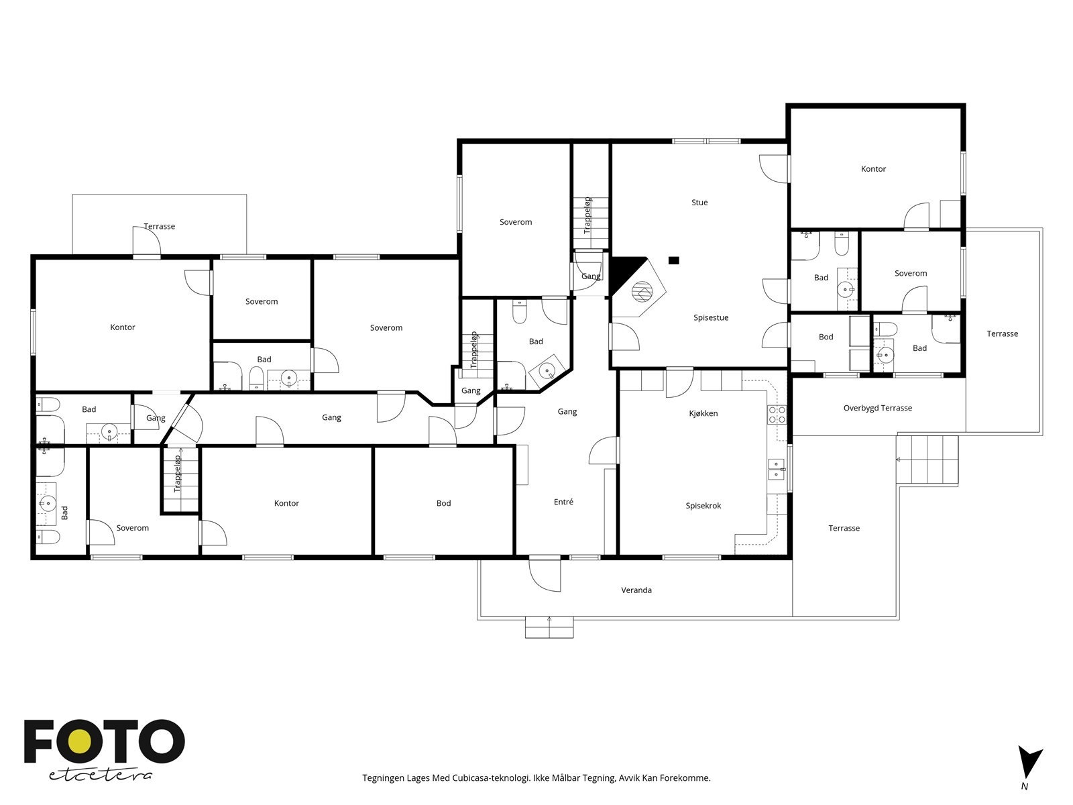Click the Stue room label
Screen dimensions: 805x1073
click(x=699, y=203)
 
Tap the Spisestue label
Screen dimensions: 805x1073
click(x=711, y=318)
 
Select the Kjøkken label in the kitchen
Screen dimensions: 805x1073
click(x=703, y=413)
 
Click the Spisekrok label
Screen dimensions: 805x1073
click(x=703, y=506)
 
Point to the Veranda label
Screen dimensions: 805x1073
click(x=636, y=590)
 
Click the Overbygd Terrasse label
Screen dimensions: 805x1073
click(x=877, y=408)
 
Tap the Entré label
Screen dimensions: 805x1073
click(x=563, y=502)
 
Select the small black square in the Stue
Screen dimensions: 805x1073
click(x=674, y=260)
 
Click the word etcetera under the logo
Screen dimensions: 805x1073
click(x=101, y=774)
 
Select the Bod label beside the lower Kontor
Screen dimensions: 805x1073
click(x=443, y=503)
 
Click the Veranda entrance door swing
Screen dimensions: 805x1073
click(x=545, y=576)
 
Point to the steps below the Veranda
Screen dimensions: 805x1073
click(x=549, y=628)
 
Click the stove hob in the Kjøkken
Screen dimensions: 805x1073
click(x=777, y=415)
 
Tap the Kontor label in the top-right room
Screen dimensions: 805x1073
click(x=873, y=169)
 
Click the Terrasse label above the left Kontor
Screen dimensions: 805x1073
click(x=160, y=226)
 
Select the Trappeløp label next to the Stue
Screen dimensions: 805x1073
click(x=587, y=215)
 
